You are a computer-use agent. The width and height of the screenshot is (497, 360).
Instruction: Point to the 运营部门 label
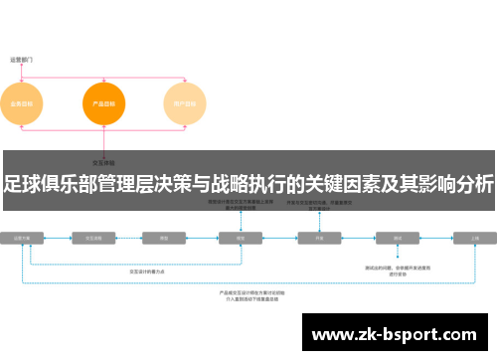[23, 59]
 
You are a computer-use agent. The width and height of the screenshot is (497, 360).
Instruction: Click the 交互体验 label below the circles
[103, 161]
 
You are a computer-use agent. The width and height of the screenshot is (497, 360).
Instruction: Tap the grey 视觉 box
[240, 239]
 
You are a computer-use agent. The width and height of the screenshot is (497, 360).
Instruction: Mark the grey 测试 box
[397, 239]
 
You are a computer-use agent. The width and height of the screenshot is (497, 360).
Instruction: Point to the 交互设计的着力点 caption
[148, 270]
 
